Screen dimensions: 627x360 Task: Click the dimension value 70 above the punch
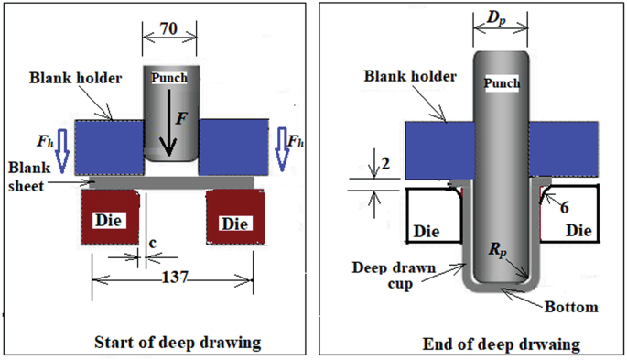[168, 28]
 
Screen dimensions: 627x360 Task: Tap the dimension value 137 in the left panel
[175, 277]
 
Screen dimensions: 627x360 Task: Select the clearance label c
[152, 243]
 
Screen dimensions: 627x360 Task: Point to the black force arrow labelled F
[168, 123]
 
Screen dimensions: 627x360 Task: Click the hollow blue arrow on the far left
[62, 151]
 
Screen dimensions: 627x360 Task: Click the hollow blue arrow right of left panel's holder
[282, 149]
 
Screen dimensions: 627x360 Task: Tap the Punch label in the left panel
[169, 78]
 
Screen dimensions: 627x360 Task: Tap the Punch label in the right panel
[502, 83]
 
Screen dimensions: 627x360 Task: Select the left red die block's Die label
[109, 221]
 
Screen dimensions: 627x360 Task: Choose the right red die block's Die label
[235, 224]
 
